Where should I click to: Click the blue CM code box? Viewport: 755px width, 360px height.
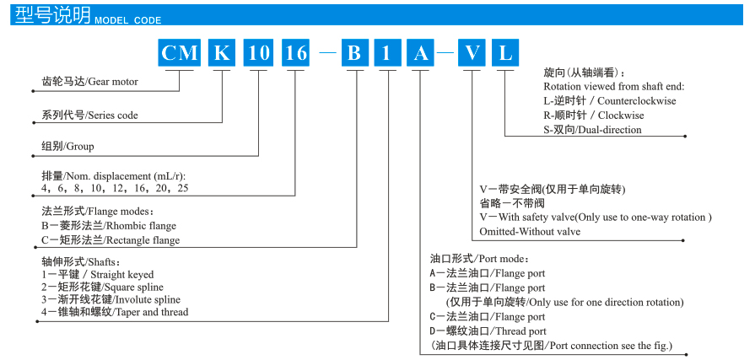pos(180,53)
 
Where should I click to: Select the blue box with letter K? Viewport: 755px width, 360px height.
pos(221,53)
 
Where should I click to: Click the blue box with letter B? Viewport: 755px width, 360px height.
pos(354,53)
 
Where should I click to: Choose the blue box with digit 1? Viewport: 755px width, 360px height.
pos(387,53)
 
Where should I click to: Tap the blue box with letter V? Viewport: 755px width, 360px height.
pos(472,53)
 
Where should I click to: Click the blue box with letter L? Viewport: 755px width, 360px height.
pos(505,53)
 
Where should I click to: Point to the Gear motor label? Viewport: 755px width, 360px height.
pos(89,82)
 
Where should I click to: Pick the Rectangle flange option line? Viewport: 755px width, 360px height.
pos(110,239)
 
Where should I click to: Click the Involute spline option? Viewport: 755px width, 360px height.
pos(111,299)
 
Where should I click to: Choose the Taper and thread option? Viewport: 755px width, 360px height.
pos(115,312)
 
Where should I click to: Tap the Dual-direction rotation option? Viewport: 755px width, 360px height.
pos(592,130)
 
